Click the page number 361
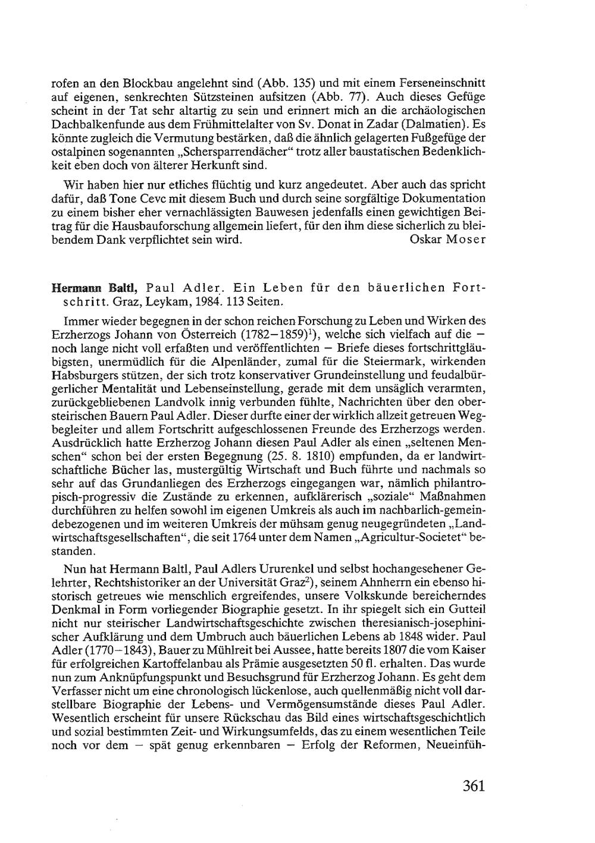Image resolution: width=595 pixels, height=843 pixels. pyautogui.click(x=474, y=786)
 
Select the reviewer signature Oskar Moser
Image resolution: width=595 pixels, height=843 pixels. pyautogui.click(x=448, y=240)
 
